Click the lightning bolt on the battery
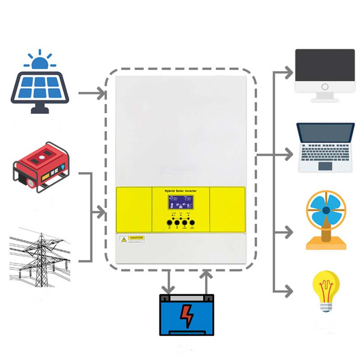pyautogui.click(x=186, y=315)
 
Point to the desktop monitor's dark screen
pyautogui.click(x=325, y=65)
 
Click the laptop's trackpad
pyautogui.click(x=325, y=166)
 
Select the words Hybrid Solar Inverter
pyautogui.click(x=180, y=191)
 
